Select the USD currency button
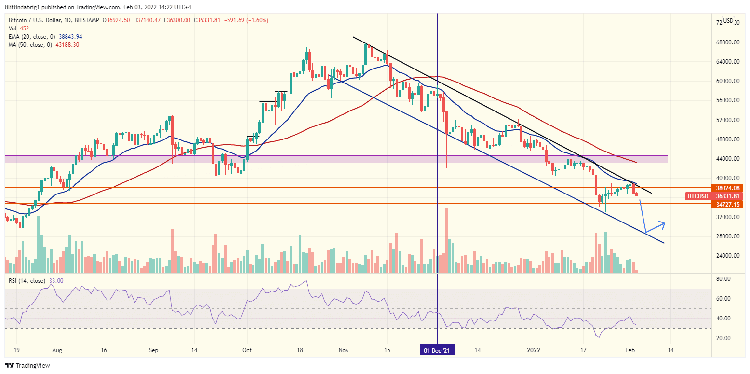click(728, 21)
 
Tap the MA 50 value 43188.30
click(67, 45)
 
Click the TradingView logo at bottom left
click(27, 366)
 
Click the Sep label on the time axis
click(154, 350)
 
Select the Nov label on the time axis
click(344, 350)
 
